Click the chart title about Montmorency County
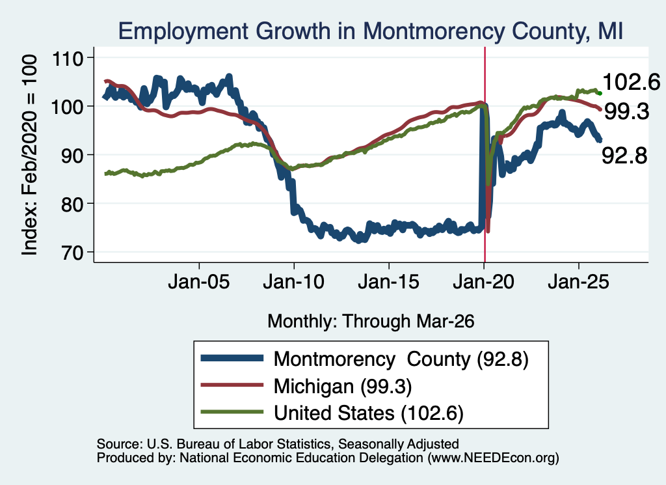pyautogui.click(x=370, y=31)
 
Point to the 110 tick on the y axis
pyautogui.click(x=68, y=58)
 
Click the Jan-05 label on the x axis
pyautogui.click(x=199, y=282)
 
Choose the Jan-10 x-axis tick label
pyautogui.click(x=294, y=282)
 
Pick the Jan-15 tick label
pyautogui.click(x=389, y=282)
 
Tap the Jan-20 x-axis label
pyautogui.click(x=484, y=282)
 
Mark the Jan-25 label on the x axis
pyautogui.click(x=578, y=282)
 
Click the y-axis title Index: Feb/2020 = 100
pyautogui.click(x=29, y=155)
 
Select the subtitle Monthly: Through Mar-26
pyautogui.click(x=371, y=322)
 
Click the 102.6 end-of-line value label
pyautogui.click(x=631, y=82)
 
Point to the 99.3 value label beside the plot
pyautogui.click(x=626, y=112)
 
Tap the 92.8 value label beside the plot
pyautogui.click(x=624, y=156)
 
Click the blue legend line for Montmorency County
pyautogui.click(x=232, y=358)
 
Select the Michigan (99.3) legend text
pyautogui.click(x=343, y=387)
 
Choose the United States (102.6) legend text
pyautogui.click(x=369, y=413)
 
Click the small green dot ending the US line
pyautogui.click(x=600, y=93)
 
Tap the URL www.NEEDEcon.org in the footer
pyautogui.click(x=493, y=458)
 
